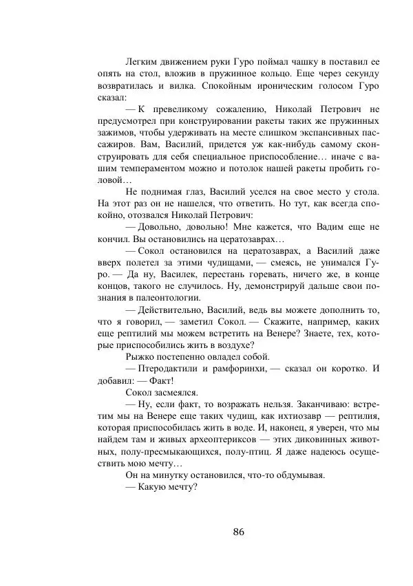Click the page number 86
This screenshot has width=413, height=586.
tap(239, 532)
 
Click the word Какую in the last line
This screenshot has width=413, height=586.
tap(158, 489)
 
